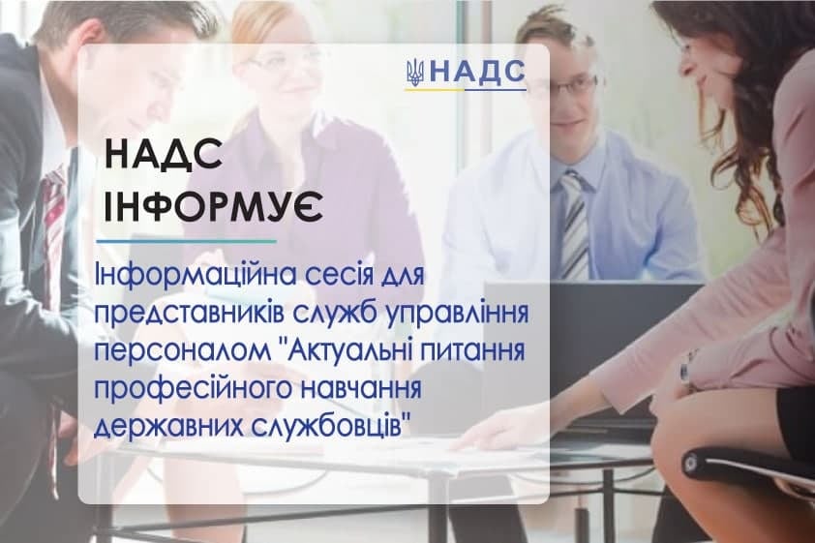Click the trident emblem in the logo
tap(415, 73)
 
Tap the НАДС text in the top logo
tap(476, 72)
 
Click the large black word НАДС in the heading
tap(164, 156)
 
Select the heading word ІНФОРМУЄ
tap(214, 207)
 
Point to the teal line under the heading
tap(187, 241)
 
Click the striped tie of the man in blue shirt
tap(575, 224)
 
